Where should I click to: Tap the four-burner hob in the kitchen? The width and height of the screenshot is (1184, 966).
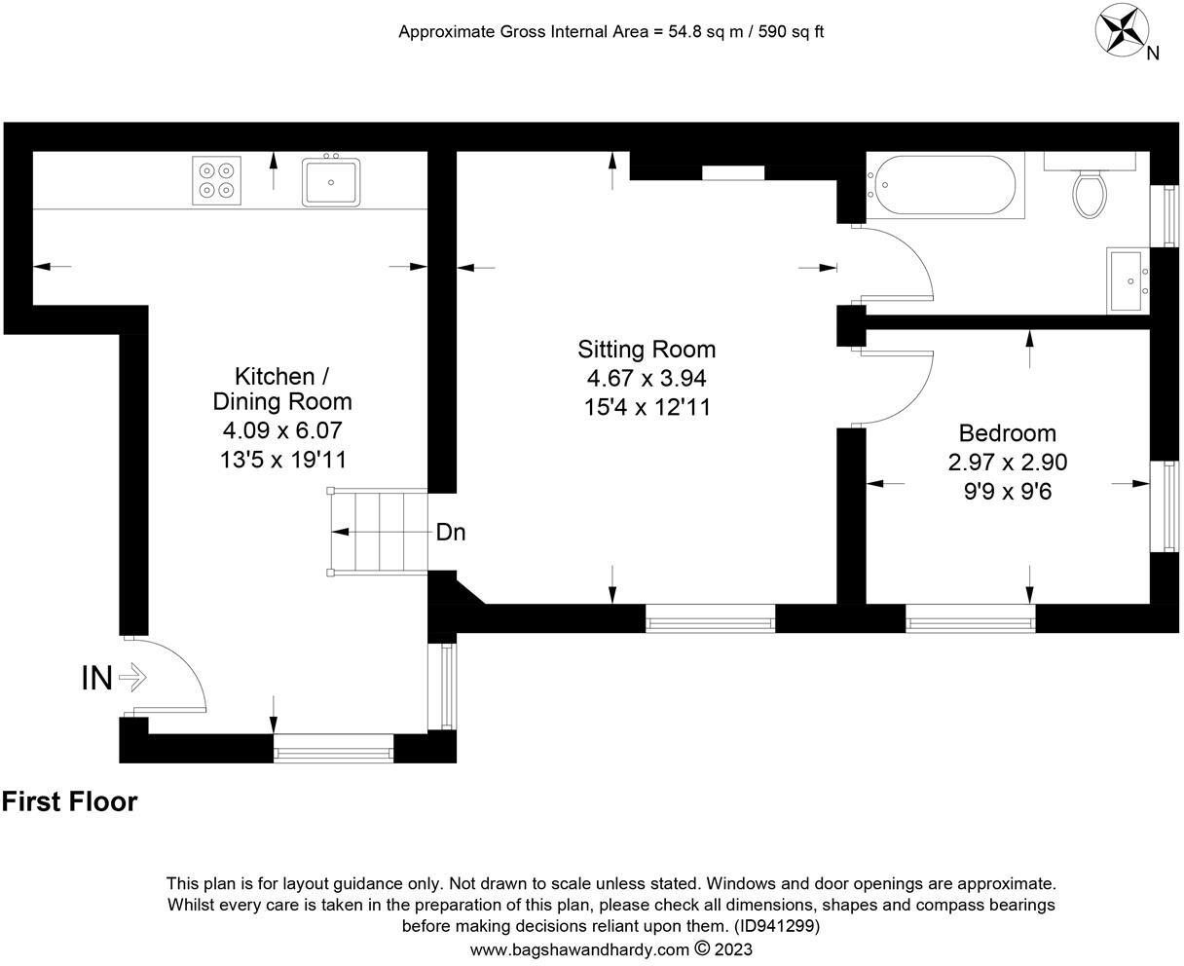[x=215, y=181]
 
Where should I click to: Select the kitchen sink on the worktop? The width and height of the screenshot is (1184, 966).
[x=331, y=182]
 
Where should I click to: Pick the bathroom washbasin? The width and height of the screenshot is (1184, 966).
[x=1128, y=280]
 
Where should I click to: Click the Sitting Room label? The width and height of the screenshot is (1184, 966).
[x=647, y=349]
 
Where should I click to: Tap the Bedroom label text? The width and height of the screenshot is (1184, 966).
[x=1007, y=433]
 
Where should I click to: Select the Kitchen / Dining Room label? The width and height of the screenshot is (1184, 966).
[x=282, y=389]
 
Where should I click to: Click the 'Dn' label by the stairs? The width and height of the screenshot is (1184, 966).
[x=450, y=533]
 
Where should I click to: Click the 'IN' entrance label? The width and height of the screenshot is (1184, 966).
[x=96, y=677]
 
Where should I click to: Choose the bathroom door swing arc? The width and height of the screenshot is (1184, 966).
[x=901, y=263]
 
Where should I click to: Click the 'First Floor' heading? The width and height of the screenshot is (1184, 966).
[x=70, y=801]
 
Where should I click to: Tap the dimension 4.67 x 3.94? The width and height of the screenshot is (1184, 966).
[x=647, y=378]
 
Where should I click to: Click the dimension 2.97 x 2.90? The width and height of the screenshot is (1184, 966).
[x=1007, y=462]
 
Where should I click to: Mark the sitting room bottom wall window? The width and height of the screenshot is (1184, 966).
[x=710, y=618]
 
